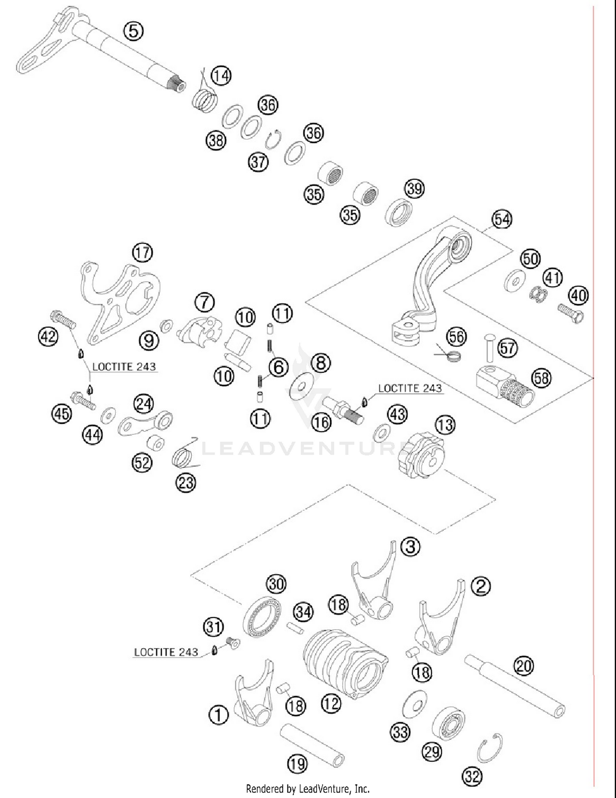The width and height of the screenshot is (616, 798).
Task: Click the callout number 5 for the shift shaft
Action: [133, 31]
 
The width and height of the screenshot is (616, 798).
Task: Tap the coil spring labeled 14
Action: [205, 100]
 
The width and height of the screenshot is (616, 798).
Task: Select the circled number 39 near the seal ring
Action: [414, 189]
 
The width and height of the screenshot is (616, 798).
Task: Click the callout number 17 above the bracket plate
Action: [143, 252]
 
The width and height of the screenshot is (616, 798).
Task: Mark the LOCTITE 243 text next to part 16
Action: [410, 388]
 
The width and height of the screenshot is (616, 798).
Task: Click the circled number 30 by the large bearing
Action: [276, 584]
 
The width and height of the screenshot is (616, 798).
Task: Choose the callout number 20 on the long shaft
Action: [524, 666]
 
